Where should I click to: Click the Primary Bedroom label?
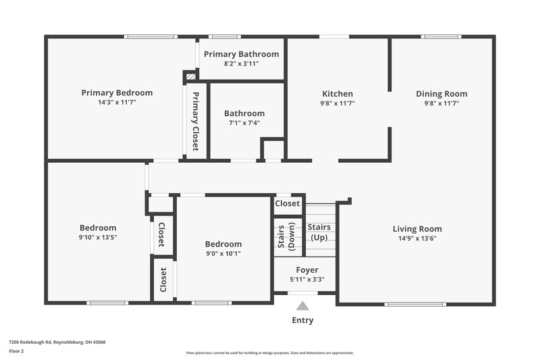tap(117, 93)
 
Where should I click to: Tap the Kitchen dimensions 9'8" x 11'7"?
tap(337, 103)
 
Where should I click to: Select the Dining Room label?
tap(441, 94)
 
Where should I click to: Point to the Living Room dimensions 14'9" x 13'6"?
tap(417, 238)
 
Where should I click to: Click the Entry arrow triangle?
tap(304, 306)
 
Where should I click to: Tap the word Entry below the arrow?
tap(302, 320)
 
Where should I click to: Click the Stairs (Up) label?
tap(319, 232)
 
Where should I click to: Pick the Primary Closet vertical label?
tap(195, 121)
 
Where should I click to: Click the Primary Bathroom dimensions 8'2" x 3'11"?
tap(241, 63)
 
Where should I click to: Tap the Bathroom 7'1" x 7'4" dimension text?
tap(244, 123)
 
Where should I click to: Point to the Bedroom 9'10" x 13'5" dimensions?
tap(98, 238)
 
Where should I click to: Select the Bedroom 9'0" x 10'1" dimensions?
tap(223, 254)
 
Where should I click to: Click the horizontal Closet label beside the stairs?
tap(288, 203)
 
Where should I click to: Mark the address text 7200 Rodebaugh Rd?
tap(57, 342)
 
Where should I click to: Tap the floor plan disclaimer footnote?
tap(270, 353)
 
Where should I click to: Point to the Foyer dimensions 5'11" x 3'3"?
tap(307, 279)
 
